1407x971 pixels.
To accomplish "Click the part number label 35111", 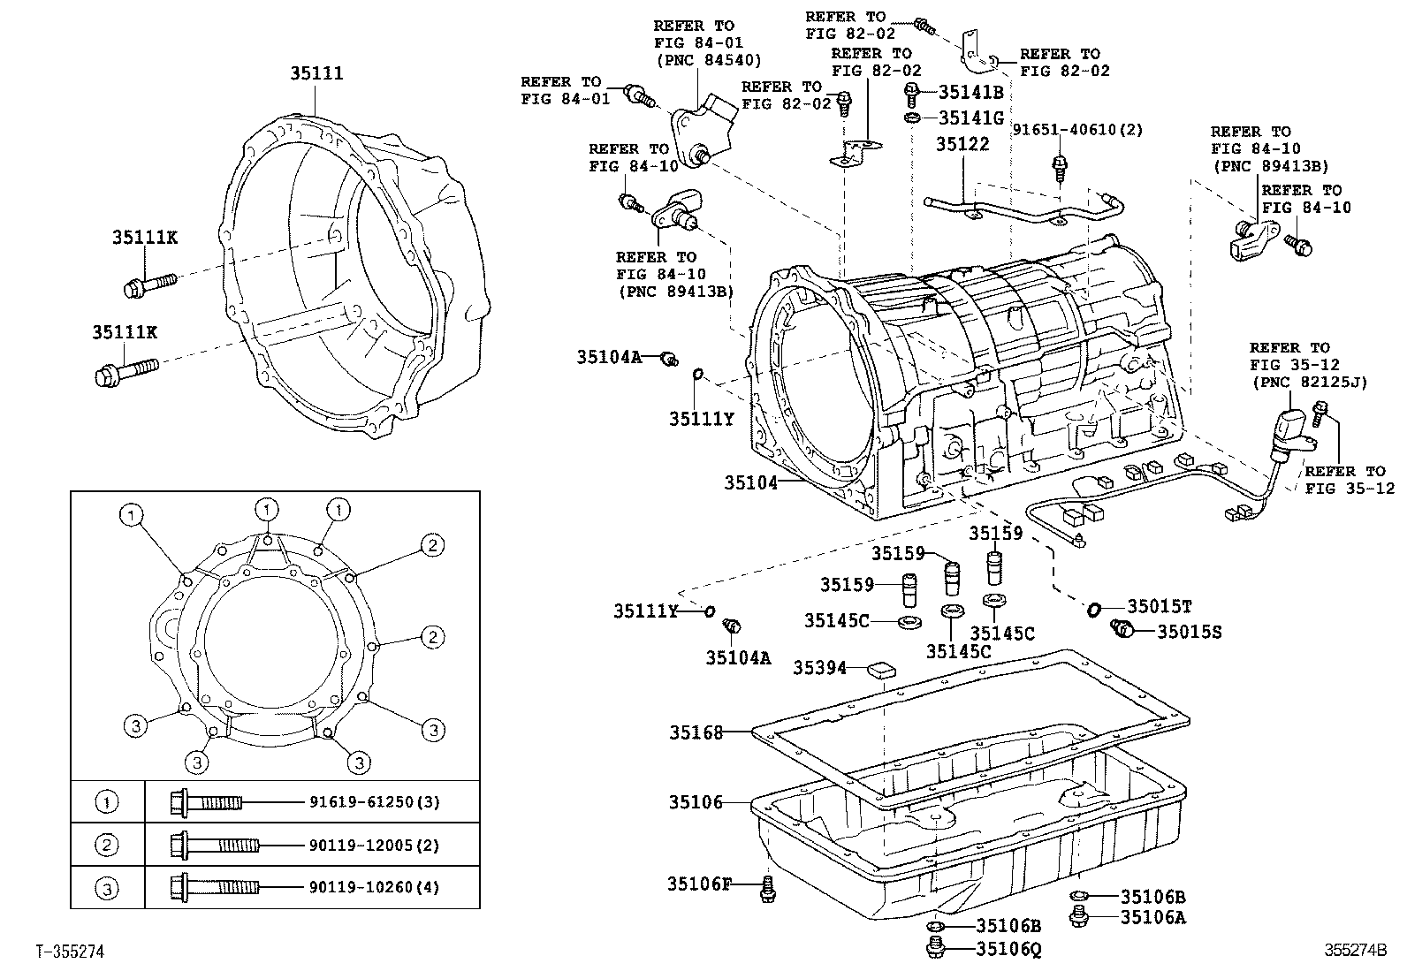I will pos(316,74).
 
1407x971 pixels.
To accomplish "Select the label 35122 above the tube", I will pos(962,144).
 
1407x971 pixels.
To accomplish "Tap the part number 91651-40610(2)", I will pos(1077,130).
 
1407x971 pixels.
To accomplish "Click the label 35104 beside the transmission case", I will pos(750,482).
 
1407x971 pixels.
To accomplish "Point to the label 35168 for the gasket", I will pos(696,732).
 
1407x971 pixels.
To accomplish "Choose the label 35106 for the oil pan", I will pos(695,802).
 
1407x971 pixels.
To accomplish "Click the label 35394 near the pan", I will pos(818,668).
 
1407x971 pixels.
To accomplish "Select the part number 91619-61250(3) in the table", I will pos(374,802).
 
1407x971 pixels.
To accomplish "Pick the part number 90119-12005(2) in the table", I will pos(374,846).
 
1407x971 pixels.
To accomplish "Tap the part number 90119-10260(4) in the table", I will pos(374,887).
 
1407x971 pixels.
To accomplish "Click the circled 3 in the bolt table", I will pos(106,888).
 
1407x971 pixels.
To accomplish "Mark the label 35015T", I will pos(1159,607).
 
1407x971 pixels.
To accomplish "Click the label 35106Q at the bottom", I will pos(1009,949).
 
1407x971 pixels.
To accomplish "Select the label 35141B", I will pos(970,91).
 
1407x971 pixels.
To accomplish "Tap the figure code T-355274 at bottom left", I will pos(70,952).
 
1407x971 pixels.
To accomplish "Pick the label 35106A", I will pos(1152,917).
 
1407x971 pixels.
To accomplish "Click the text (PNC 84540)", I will pos(707,59).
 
